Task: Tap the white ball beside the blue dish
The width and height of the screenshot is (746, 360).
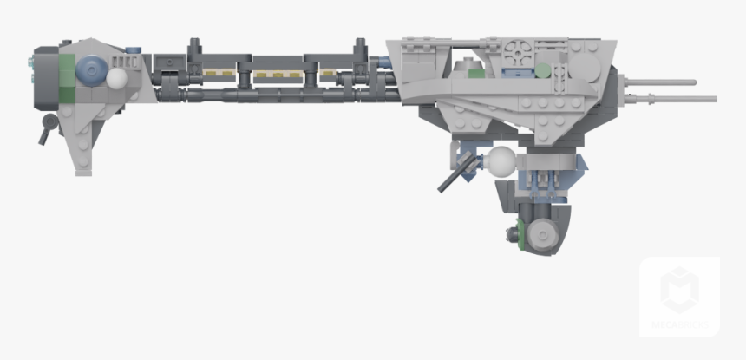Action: click(116, 78)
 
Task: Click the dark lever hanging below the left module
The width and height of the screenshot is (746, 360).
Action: click(44, 132)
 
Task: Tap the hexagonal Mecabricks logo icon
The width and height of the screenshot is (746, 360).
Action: click(679, 290)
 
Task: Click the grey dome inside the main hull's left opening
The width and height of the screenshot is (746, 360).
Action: click(466, 63)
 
